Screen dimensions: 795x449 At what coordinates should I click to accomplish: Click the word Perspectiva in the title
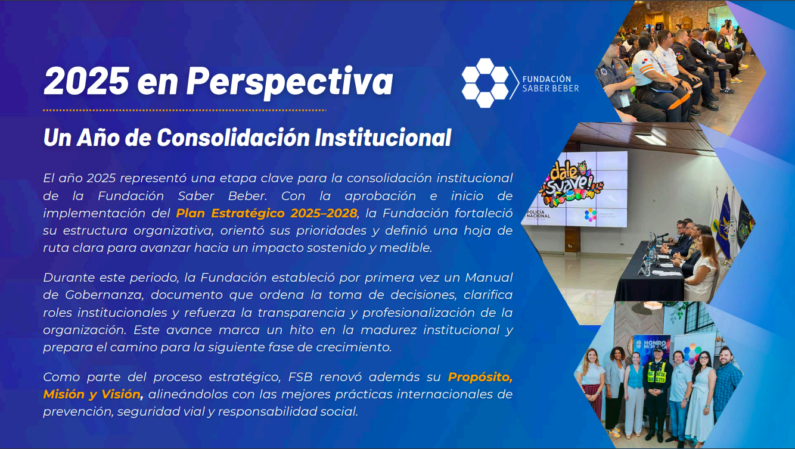click(x=290, y=82)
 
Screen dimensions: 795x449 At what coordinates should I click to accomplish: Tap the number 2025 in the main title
click(x=86, y=81)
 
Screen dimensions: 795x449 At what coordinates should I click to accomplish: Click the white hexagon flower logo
click(x=485, y=83)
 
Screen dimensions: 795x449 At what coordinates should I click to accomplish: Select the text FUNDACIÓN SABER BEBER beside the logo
click(x=551, y=84)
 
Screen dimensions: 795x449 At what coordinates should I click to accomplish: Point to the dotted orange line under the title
click(x=184, y=110)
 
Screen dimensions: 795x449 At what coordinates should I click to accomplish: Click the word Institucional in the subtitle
click(x=383, y=138)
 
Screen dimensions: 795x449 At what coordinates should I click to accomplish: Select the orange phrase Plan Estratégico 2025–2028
click(x=266, y=213)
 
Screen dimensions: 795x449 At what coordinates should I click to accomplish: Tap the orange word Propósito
click(x=480, y=377)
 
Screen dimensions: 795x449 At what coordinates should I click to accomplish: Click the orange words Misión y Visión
click(x=92, y=394)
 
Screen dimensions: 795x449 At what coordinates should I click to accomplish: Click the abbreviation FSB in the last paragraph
click(x=300, y=377)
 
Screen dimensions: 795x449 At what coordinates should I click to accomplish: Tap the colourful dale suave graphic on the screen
click(x=570, y=183)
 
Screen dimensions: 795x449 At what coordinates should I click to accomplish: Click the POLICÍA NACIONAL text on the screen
click(x=538, y=215)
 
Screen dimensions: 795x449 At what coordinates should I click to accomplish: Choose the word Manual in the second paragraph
click(x=489, y=277)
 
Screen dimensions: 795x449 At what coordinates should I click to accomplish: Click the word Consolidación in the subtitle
click(x=233, y=138)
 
